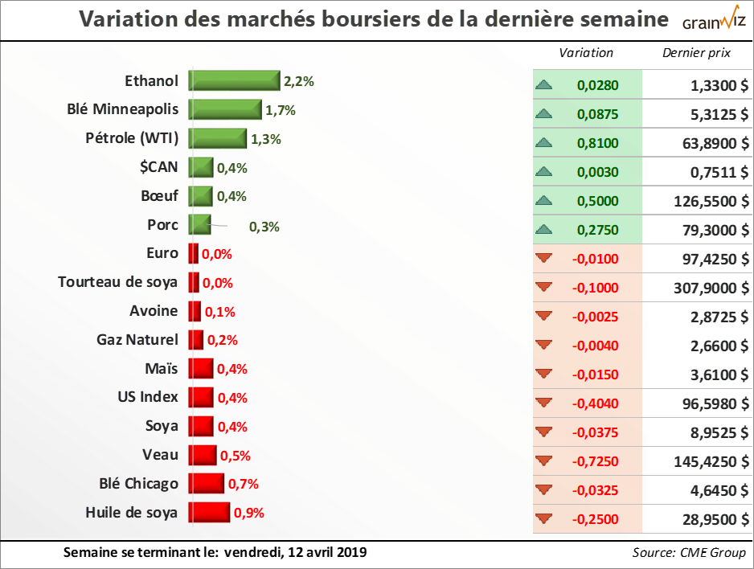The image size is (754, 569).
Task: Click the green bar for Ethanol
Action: click(x=234, y=80)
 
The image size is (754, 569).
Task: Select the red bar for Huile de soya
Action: click(x=209, y=512)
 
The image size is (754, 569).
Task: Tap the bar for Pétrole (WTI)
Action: click(x=217, y=138)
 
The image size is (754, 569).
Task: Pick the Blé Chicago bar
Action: click(x=206, y=483)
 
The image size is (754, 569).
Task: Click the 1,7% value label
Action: click(x=281, y=110)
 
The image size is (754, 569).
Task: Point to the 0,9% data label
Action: click(x=249, y=513)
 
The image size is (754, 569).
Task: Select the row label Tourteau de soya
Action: click(x=118, y=282)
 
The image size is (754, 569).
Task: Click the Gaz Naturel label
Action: click(x=137, y=340)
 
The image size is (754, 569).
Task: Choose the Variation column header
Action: click(x=586, y=53)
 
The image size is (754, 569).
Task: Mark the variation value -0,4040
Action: click(x=596, y=403)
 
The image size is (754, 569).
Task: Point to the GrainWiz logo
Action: click(x=714, y=21)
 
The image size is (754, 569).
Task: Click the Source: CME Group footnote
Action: click(x=689, y=553)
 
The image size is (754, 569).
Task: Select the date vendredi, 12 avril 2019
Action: click(x=295, y=552)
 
